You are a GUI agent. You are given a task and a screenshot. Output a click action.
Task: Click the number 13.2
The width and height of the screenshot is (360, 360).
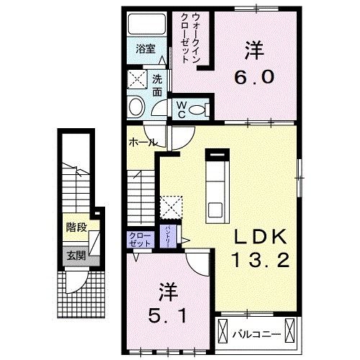click(x=261, y=260)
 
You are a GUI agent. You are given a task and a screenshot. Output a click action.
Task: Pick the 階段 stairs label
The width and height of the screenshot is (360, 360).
click(x=76, y=227)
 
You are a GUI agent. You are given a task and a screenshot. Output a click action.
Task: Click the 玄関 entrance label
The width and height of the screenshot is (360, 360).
click(x=76, y=255)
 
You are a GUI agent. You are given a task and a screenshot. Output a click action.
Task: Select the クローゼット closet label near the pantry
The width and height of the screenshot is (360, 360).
click(x=140, y=240)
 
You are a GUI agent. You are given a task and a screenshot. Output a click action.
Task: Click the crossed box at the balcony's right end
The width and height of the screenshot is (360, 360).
click(x=291, y=332)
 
